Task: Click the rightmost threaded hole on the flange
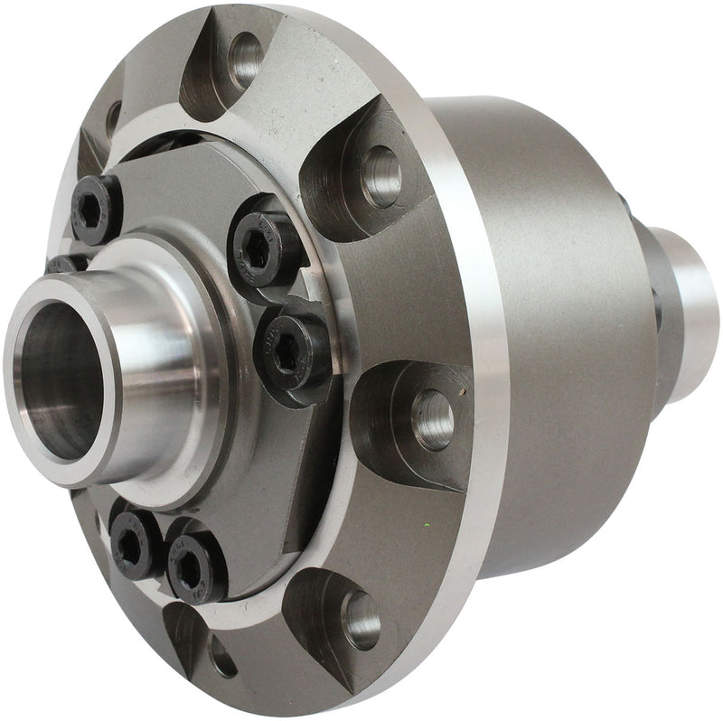click(432, 417)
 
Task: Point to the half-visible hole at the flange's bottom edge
click(221, 655)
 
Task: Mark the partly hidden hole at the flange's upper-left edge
click(114, 117)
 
